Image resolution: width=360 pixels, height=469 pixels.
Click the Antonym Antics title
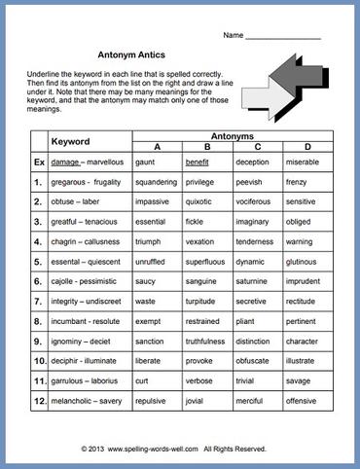click(x=129, y=56)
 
